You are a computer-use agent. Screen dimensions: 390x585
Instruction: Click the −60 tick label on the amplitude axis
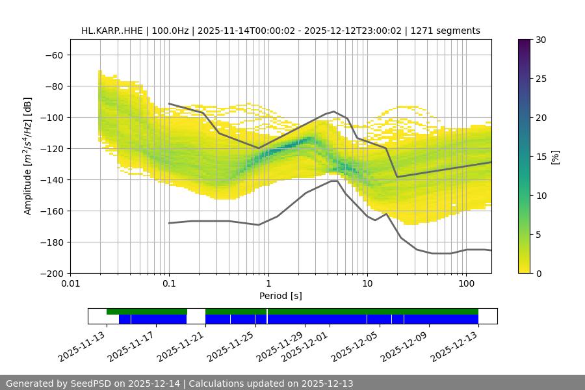tap(53, 55)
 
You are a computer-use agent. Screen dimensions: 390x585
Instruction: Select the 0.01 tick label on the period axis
tap(70, 284)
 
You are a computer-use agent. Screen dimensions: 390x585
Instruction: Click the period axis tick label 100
tap(466, 284)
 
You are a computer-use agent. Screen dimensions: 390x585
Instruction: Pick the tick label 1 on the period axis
tap(268, 284)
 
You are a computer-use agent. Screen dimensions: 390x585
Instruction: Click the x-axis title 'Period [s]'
tap(280, 296)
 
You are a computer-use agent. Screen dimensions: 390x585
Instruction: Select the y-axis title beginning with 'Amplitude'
tap(28, 156)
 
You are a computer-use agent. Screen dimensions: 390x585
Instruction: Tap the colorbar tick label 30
tap(541, 40)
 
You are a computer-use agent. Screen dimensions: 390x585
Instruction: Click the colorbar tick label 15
tap(541, 157)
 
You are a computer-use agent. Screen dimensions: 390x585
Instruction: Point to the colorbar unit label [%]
tap(555, 157)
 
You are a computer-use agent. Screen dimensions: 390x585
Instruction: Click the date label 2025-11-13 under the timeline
tap(83, 346)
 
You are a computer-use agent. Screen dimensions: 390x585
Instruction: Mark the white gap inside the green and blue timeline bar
tap(196, 316)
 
